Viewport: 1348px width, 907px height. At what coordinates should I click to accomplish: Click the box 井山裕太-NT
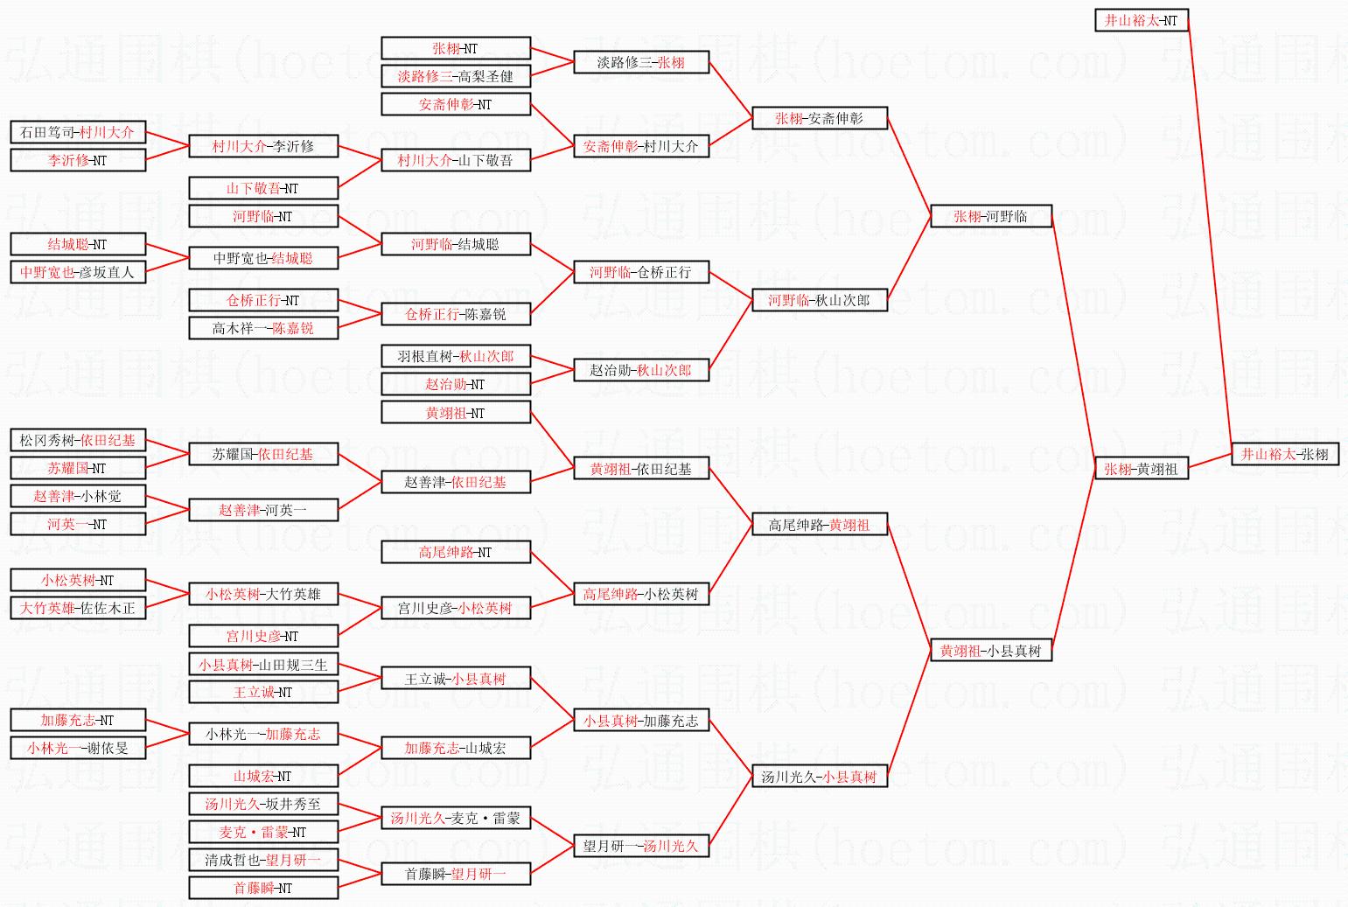(1141, 20)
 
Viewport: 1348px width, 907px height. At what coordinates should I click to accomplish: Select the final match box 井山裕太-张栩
(1284, 454)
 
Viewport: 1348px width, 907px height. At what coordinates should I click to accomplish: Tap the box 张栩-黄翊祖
(1141, 469)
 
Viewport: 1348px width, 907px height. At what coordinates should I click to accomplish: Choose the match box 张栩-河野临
(990, 216)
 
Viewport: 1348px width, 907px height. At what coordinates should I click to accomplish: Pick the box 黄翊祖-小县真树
(990, 651)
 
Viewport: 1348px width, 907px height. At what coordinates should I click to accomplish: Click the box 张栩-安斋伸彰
(819, 118)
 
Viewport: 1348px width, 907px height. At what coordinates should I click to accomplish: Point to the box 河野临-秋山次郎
(819, 300)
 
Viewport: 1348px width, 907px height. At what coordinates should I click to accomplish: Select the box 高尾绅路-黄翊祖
(819, 525)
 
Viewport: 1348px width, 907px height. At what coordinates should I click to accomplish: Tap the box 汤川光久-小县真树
(819, 776)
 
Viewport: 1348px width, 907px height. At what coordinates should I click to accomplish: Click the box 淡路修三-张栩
(640, 62)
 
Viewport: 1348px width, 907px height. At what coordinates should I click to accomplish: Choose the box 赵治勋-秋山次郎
(640, 370)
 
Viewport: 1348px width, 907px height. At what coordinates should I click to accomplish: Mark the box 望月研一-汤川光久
(640, 846)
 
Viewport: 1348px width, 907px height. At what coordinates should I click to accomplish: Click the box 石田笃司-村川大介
(77, 132)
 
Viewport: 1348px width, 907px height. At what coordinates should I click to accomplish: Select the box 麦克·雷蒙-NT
(262, 832)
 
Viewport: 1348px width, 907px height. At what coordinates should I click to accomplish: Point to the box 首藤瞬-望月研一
(455, 874)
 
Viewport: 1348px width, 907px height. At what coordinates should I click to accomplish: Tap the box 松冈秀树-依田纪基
(77, 440)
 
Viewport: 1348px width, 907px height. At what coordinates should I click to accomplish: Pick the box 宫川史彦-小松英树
(455, 608)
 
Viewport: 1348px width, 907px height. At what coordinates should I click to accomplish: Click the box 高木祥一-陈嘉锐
(262, 328)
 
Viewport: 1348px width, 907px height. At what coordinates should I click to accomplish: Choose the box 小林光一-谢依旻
(77, 748)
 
